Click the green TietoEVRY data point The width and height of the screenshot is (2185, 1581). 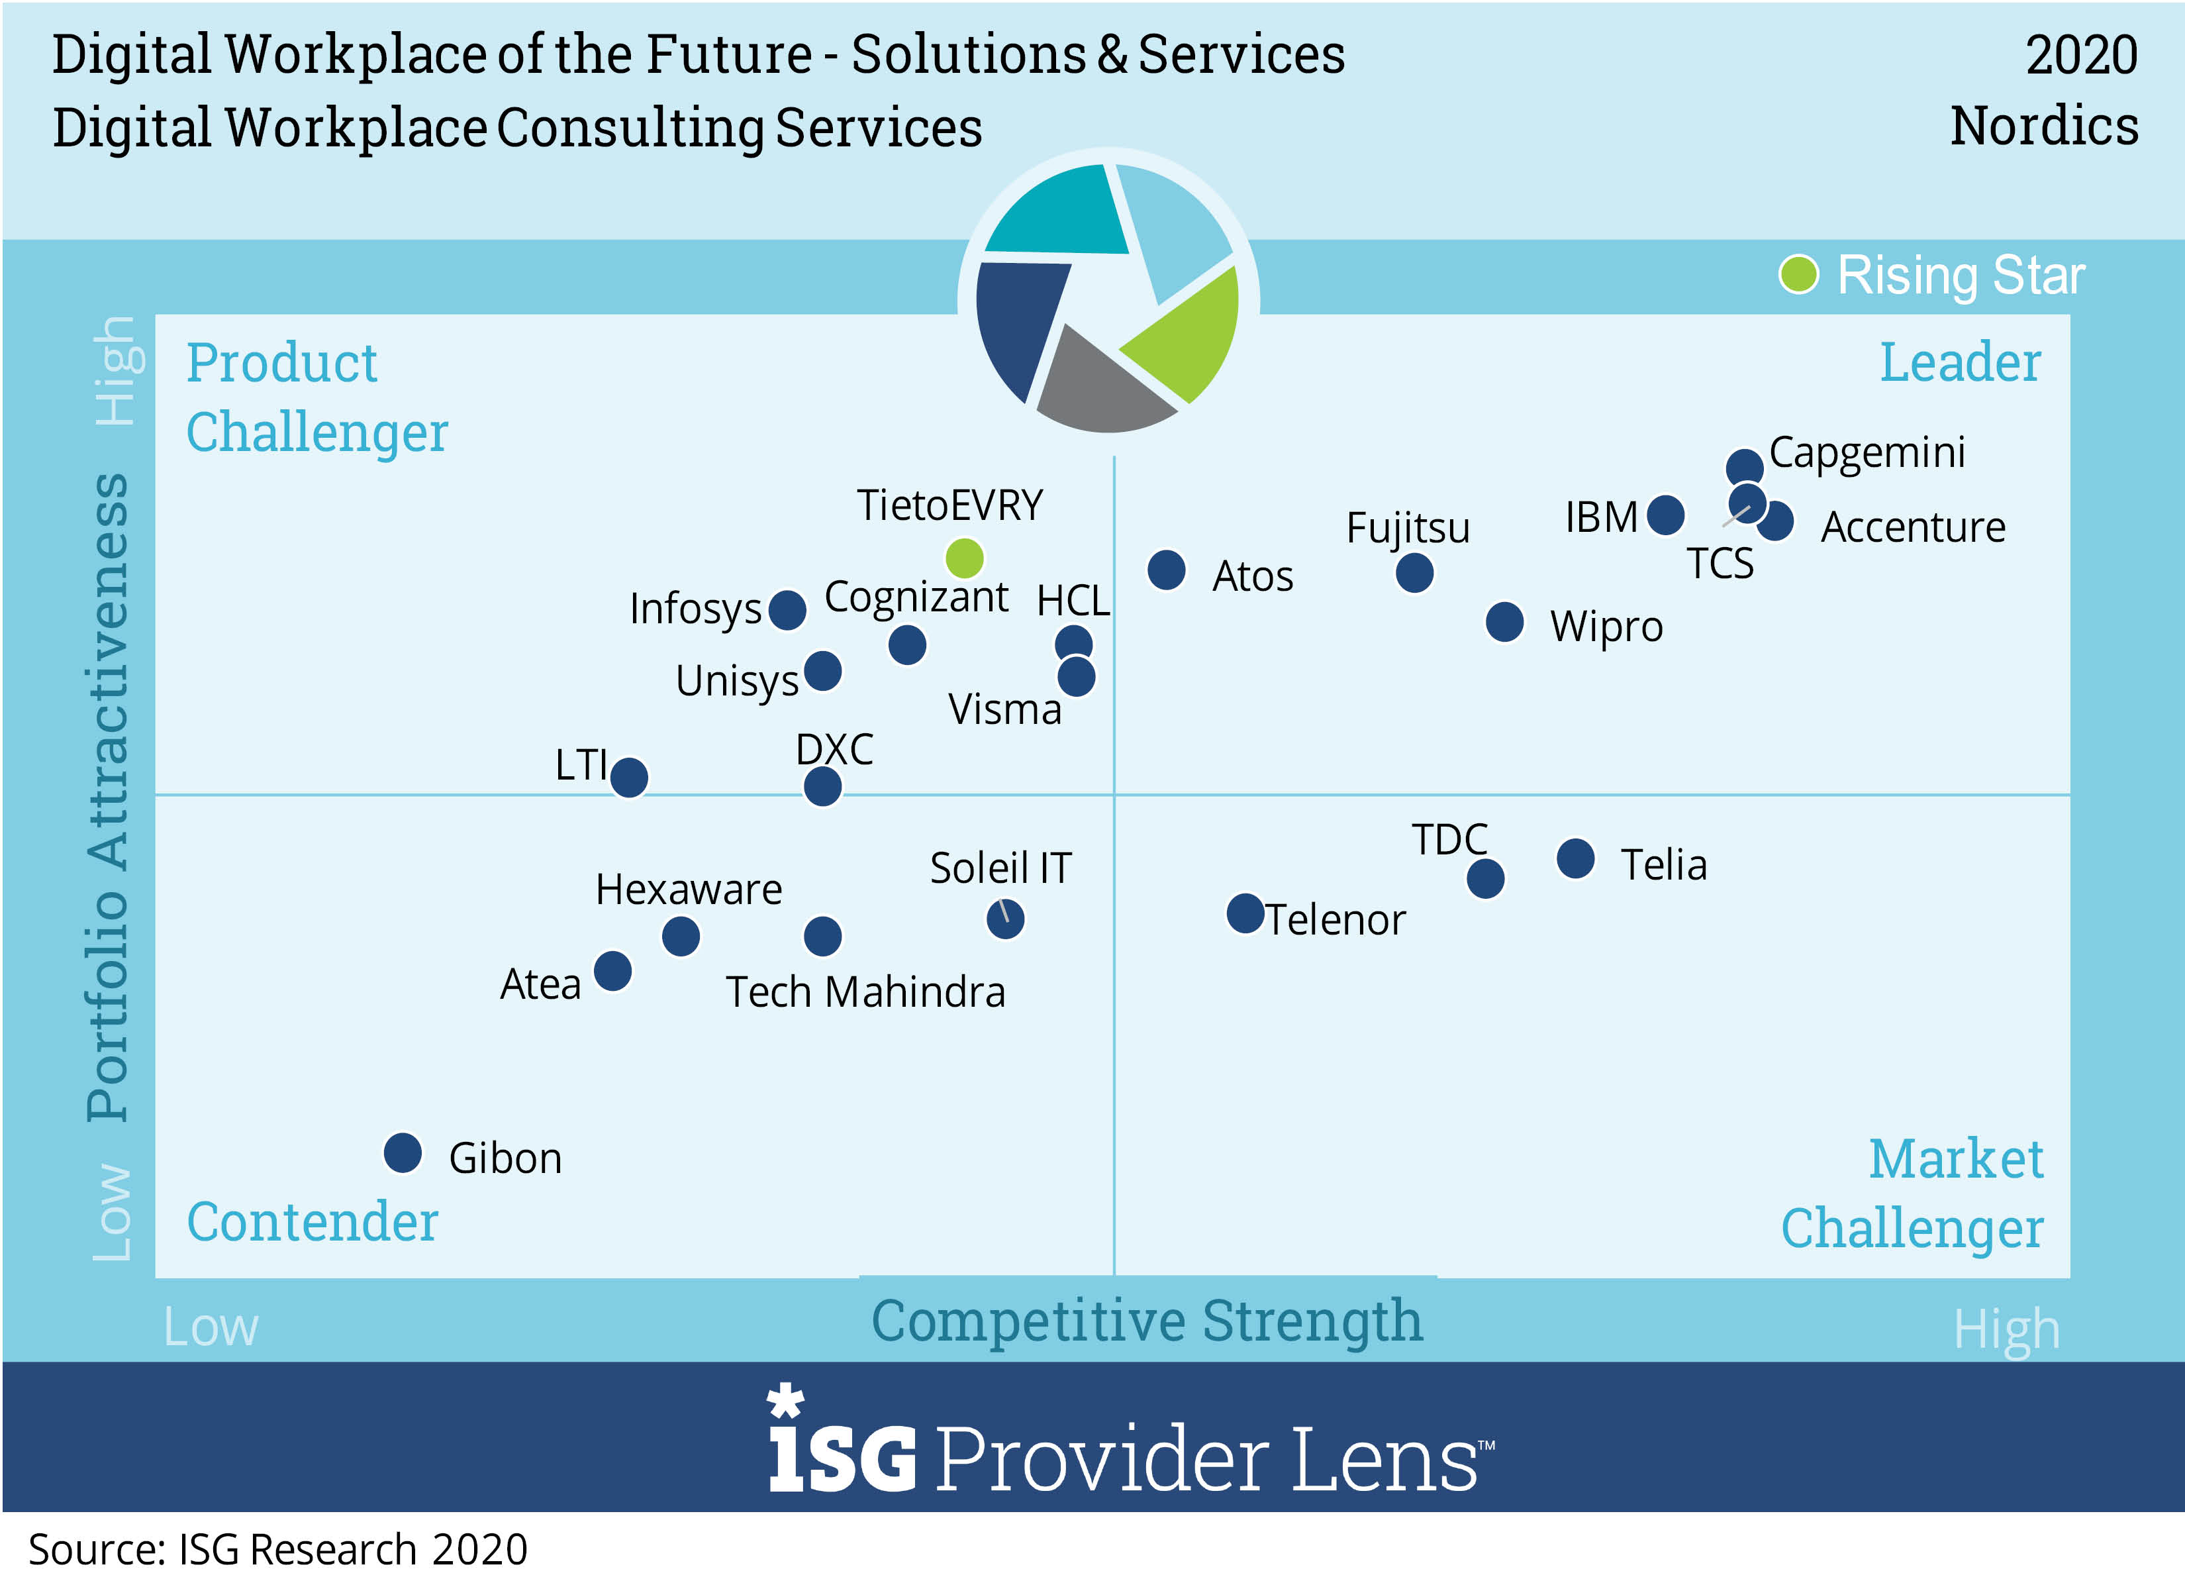(x=964, y=557)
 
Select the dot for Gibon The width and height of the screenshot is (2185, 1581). (x=403, y=1152)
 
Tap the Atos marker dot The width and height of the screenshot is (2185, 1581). (x=1166, y=570)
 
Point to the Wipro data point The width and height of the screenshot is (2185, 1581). (x=1505, y=621)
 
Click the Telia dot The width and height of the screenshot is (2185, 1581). (x=1575, y=858)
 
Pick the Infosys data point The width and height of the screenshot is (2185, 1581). (x=787, y=610)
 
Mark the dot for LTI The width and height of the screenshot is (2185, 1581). (x=629, y=776)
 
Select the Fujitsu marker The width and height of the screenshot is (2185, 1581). (x=1414, y=573)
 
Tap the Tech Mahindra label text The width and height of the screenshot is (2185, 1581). (x=865, y=992)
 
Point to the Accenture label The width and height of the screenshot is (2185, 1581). (x=1912, y=527)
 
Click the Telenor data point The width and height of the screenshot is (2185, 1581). (x=1245, y=913)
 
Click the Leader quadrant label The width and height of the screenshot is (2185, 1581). (x=1960, y=362)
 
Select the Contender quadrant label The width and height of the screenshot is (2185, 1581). (x=312, y=1221)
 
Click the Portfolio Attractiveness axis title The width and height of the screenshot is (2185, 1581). (x=108, y=797)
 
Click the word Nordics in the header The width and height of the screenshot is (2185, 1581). (x=2043, y=127)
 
